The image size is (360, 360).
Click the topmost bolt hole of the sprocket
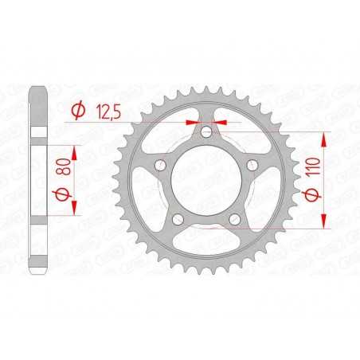(x=205, y=133)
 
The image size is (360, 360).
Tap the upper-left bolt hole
(x=160, y=166)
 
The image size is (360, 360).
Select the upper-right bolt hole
(x=251, y=166)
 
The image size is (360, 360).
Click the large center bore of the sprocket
(x=205, y=182)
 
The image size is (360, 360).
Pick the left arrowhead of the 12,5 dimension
(x=192, y=123)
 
